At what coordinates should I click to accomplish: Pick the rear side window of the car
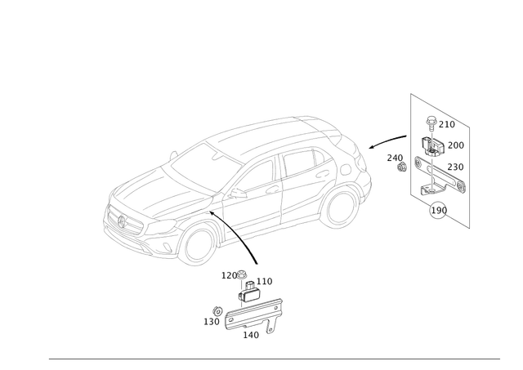tap(315, 163)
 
